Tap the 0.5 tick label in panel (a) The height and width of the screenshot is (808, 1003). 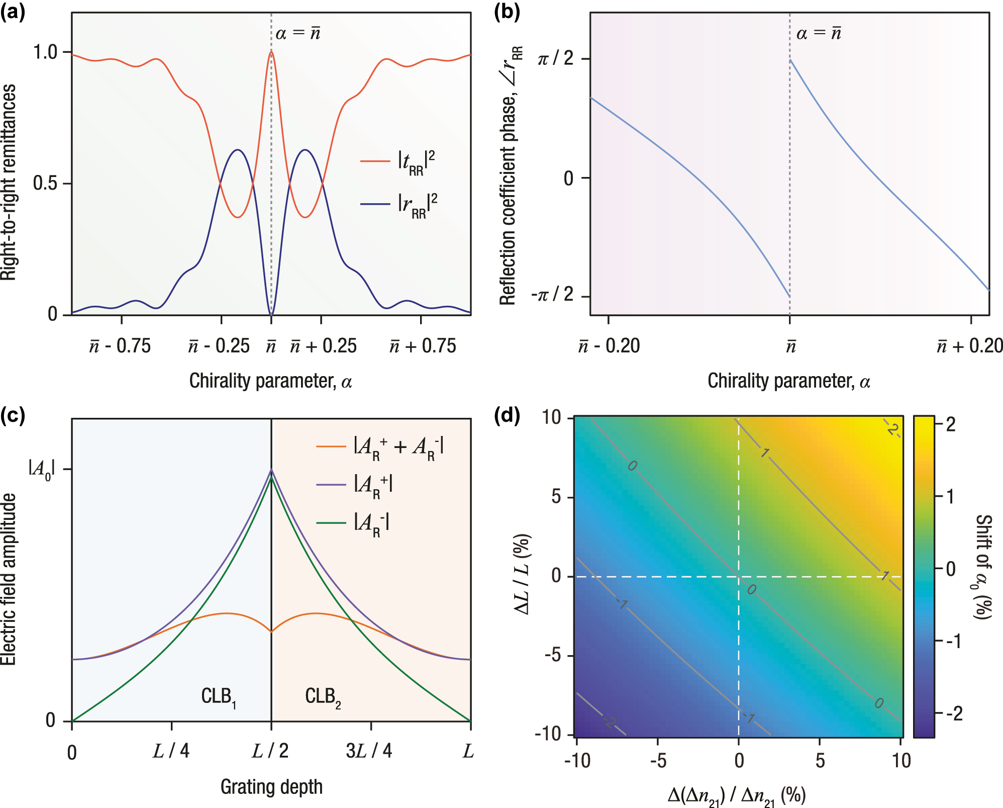click(x=45, y=183)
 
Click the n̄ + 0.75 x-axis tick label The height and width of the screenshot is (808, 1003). click(x=423, y=346)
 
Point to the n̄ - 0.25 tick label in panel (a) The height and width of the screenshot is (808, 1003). click(x=219, y=346)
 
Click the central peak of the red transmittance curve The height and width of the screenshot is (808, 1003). click(x=271, y=52)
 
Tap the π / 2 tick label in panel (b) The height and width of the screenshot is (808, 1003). click(x=556, y=59)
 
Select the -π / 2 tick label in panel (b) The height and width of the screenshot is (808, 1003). click(x=553, y=294)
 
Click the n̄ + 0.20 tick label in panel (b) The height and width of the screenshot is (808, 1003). click(x=969, y=346)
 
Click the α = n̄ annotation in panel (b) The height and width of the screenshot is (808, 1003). click(x=819, y=33)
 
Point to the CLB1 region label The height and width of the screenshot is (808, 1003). click(x=219, y=697)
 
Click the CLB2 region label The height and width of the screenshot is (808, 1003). click(x=323, y=697)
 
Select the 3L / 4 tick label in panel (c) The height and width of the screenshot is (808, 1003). click(x=369, y=751)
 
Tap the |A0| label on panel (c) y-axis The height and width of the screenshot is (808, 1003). click(x=41, y=469)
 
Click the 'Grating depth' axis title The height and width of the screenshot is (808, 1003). click(x=271, y=786)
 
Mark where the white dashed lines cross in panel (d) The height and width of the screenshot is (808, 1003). click(x=738, y=576)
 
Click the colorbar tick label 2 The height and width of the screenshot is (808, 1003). click(x=950, y=424)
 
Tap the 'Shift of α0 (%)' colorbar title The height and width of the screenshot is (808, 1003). click(x=982, y=567)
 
